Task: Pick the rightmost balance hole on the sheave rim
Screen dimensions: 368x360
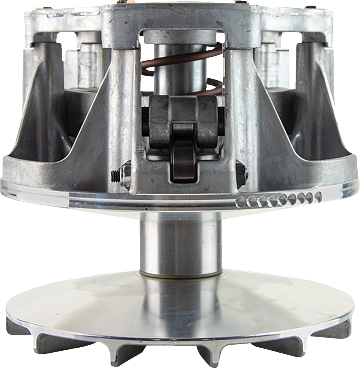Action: [318, 197]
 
